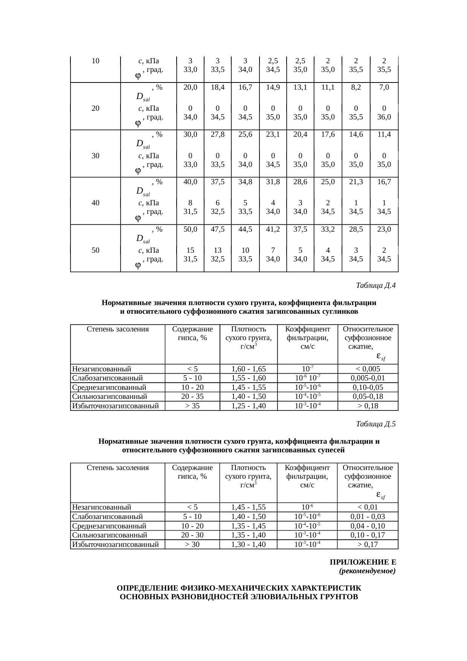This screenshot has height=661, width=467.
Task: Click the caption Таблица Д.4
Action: pos(375,285)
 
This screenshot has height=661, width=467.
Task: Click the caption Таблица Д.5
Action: pos(375,424)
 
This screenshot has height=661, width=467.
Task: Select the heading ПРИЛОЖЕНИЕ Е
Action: pos(363,562)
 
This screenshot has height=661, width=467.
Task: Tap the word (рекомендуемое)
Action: pos(367,571)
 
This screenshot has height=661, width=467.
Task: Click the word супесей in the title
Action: pos(330,450)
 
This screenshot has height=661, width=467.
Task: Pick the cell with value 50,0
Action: pos(190,229)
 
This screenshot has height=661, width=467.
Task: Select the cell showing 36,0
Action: pos(384,117)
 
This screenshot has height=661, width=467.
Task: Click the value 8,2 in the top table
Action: pos(356,87)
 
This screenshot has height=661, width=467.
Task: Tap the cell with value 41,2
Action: pos(273,229)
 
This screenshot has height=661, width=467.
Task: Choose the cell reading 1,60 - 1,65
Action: pos(249,369)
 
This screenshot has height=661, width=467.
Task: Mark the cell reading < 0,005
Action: pos(368,369)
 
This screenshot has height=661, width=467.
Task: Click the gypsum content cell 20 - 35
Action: pos(192,397)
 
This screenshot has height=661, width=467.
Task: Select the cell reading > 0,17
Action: pos(368,545)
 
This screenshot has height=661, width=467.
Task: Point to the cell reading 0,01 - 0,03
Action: pos(368,517)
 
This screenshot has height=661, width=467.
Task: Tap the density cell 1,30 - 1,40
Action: pos(248,545)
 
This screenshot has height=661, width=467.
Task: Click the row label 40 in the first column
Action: pos(95,203)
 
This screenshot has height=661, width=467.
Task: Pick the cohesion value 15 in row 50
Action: pos(190,250)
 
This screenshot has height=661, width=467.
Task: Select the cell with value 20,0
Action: pos(190,87)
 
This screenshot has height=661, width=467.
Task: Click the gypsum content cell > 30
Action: pos(192,545)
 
